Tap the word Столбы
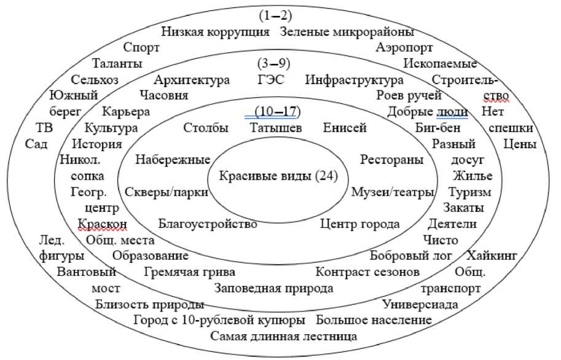(206, 128)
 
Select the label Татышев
(276, 128)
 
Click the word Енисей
(345, 128)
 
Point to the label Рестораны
(391, 160)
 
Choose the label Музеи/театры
(393, 192)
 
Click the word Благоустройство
(208, 224)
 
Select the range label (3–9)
(273, 64)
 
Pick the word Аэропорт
(404, 47)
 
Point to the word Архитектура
(192, 80)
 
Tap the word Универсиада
(420, 303)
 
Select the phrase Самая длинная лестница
(284, 336)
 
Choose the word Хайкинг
(492, 255)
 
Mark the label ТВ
(45, 128)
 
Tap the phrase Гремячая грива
(190, 271)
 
